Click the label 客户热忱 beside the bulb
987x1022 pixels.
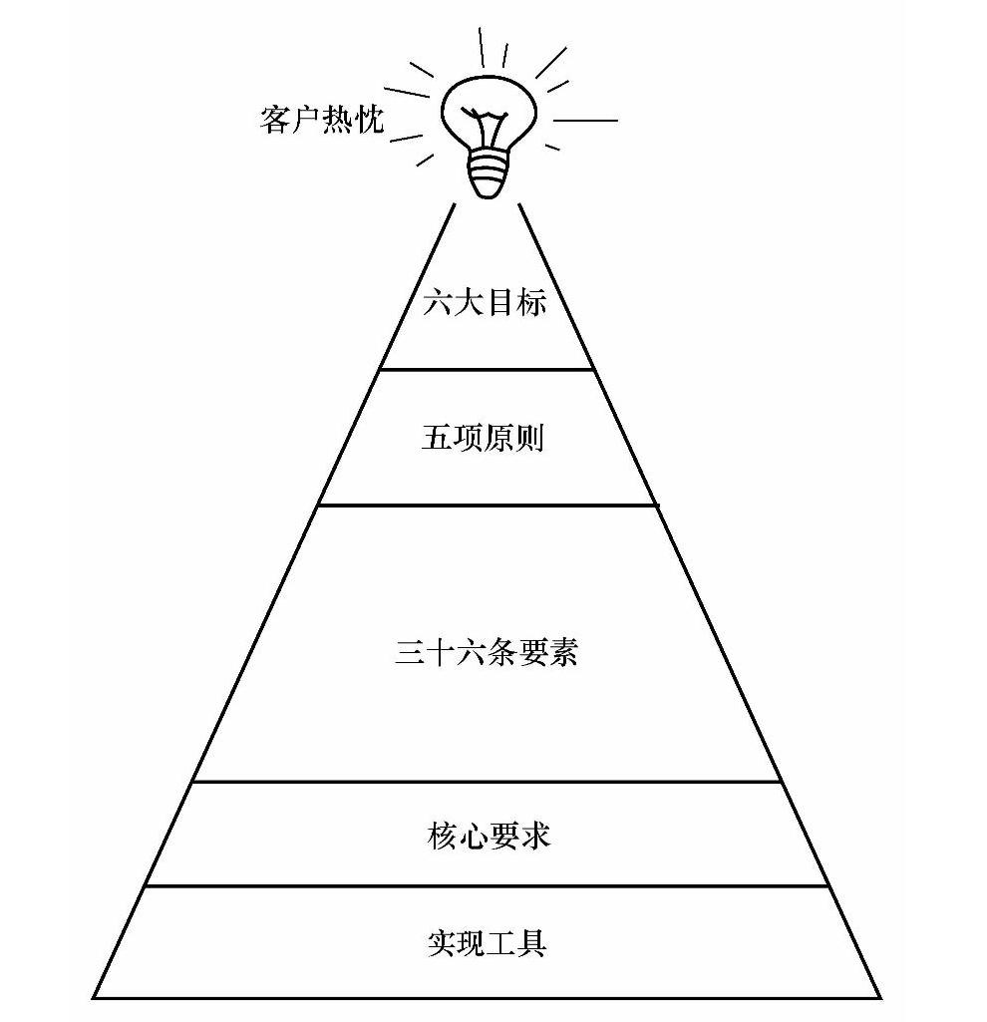[321, 121]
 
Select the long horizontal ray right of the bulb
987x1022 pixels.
[585, 121]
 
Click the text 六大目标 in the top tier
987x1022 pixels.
[486, 302]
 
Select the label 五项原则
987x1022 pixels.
[484, 439]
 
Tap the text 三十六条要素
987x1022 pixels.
[487, 652]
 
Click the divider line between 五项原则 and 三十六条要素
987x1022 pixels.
[488, 506]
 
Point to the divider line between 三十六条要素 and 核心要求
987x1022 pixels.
[488, 782]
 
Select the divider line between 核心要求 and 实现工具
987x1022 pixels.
[488, 885]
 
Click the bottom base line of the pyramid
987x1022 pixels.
[488, 997]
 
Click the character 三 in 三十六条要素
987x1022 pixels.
[410, 653]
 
